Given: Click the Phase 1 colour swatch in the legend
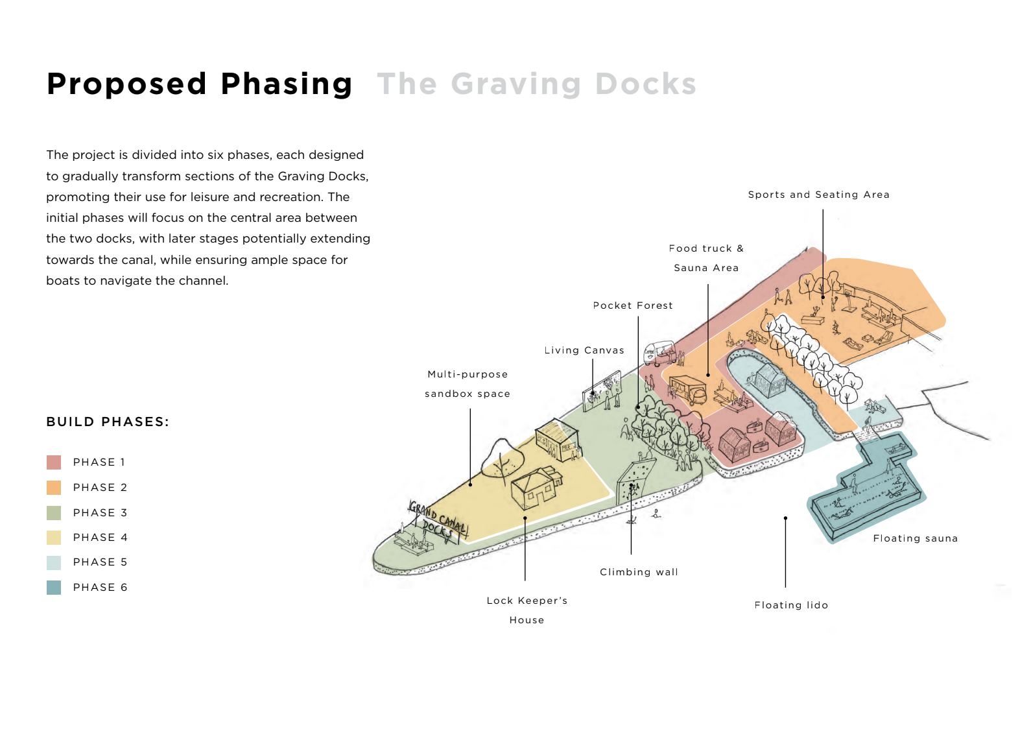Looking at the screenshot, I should pyautogui.click(x=54, y=462).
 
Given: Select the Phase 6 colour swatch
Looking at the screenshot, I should pyautogui.click(x=54, y=588).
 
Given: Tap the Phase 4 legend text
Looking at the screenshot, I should pyautogui.click(x=100, y=538).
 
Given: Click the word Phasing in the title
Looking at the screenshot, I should pyautogui.click(x=287, y=84).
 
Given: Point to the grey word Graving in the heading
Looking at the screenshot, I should pyautogui.click(x=516, y=84).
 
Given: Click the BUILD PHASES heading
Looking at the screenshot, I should pyautogui.click(x=108, y=422).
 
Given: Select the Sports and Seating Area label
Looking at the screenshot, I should pyautogui.click(x=818, y=195).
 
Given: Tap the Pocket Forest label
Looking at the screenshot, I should pyautogui.click(x=633, y=305).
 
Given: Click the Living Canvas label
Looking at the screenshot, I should pyautogui.click(x=584, y=350).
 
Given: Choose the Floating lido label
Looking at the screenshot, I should pyautogui.click(x=791, y=605).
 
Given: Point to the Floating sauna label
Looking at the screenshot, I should pyautogui.click(x=915, y=538).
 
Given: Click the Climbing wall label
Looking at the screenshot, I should pyautogui.click(x=639, y=572).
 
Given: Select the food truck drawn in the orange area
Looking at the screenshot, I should pyautogui.click(x=687, y=390).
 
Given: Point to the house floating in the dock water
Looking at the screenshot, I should pyautogui.click(x=769, y=379).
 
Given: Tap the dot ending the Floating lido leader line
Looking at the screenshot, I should pyautogui.click(x=785, y=518).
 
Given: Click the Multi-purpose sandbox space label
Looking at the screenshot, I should pyautogui.click(x=468, y=384).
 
